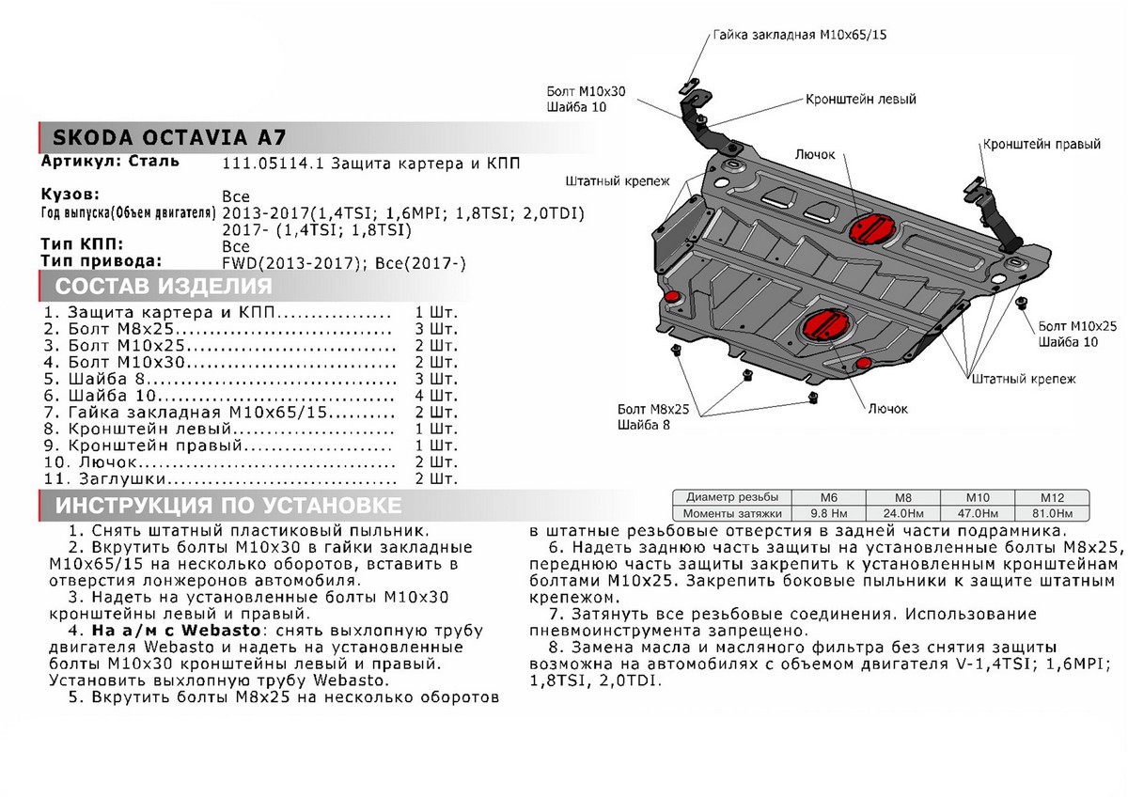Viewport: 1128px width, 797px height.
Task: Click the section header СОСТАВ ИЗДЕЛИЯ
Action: click(x=164, y=287)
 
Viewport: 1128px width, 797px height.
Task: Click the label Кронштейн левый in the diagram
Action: click(x=859, y=99)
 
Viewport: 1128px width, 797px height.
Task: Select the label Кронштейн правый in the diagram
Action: click(x=1042, y=146)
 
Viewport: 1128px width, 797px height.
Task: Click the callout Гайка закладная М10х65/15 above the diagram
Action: click(x=800, y=34)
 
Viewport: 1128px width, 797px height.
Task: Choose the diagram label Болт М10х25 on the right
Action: click(x=1077, y=326)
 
